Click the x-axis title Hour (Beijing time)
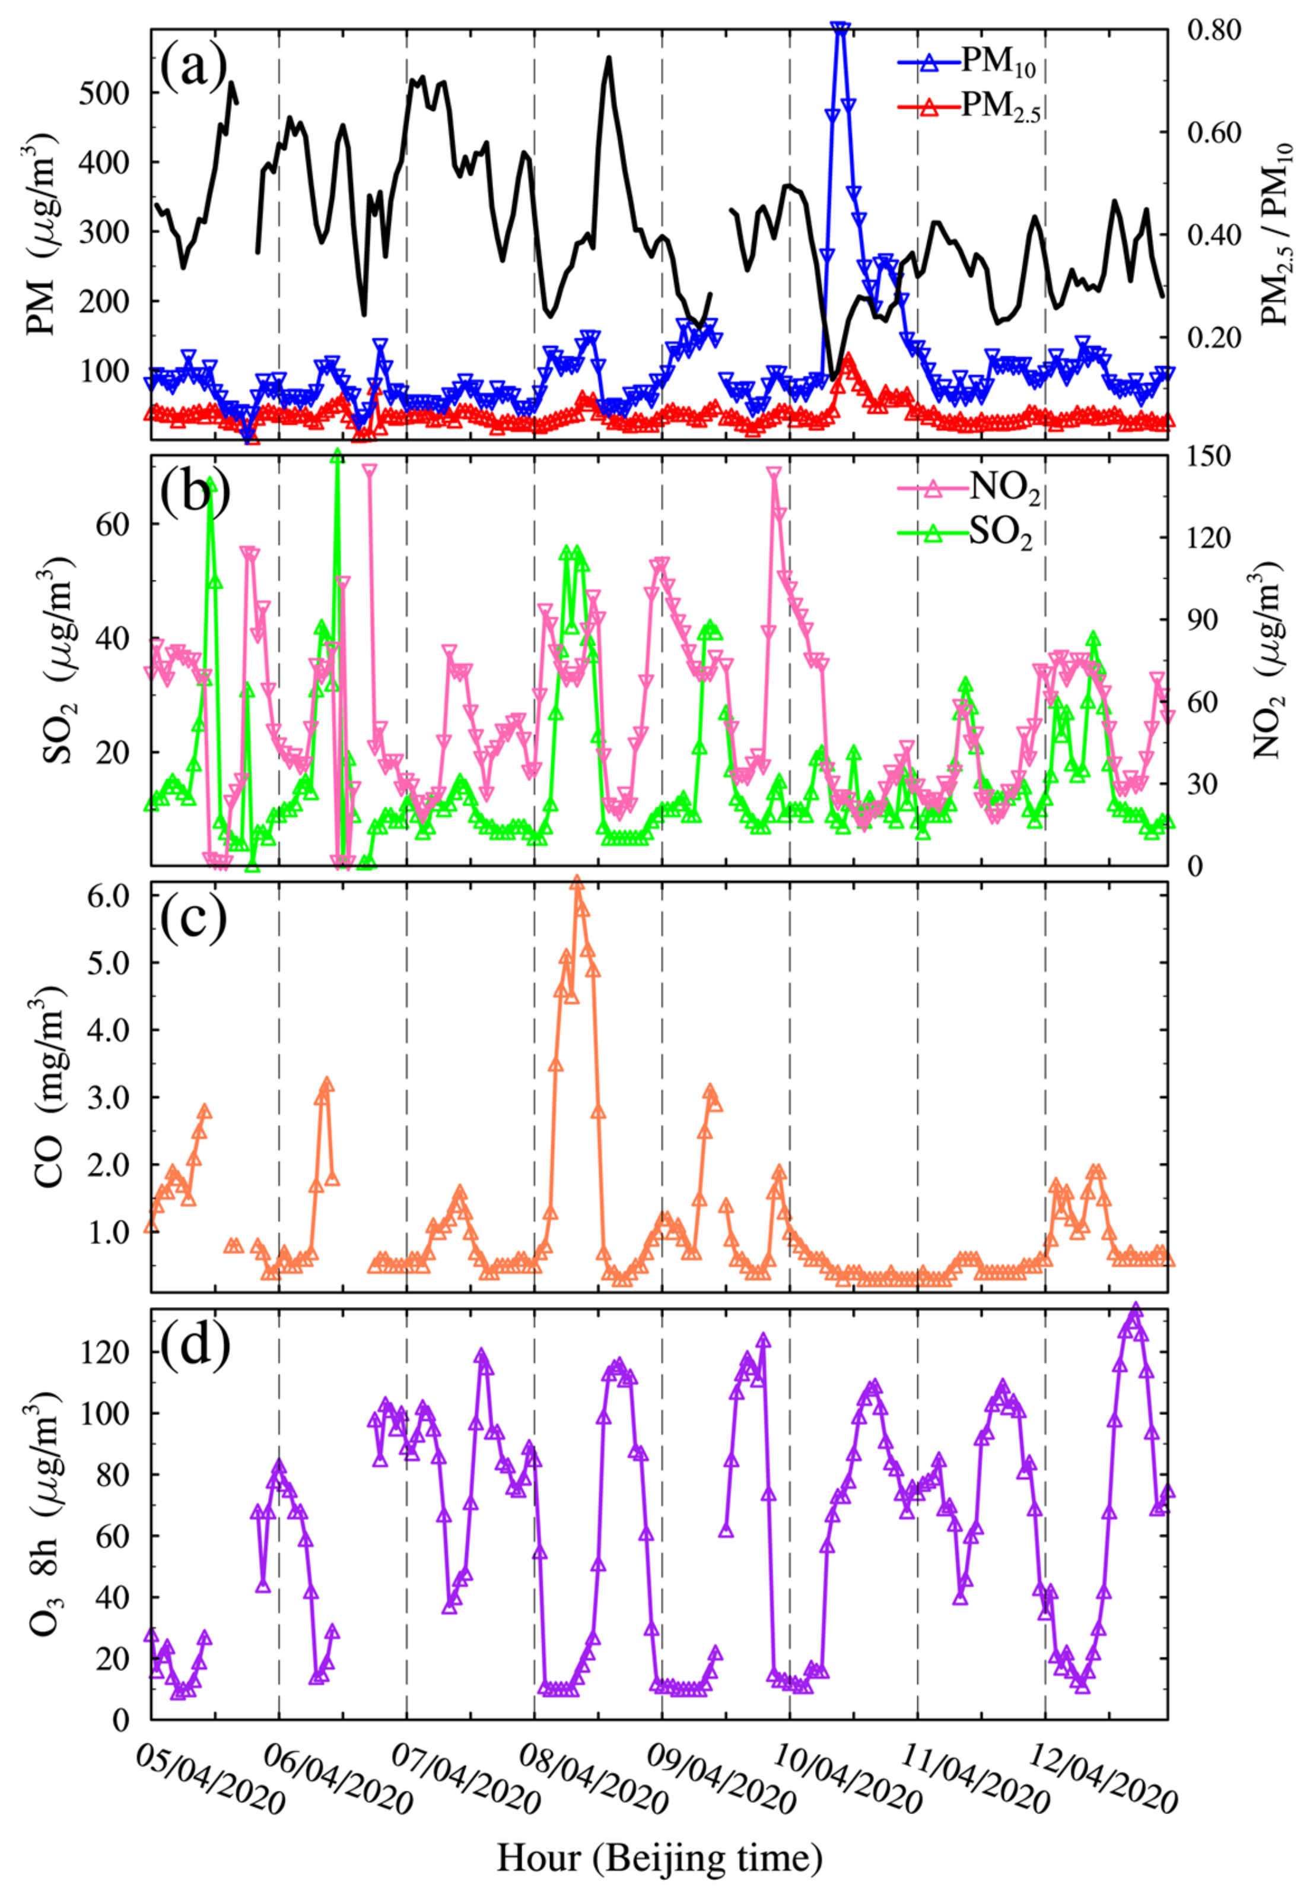coord(659,1858)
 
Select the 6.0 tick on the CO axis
coord(103,896)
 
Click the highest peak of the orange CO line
coord(577,883)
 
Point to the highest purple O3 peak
coord(1136,1309)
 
